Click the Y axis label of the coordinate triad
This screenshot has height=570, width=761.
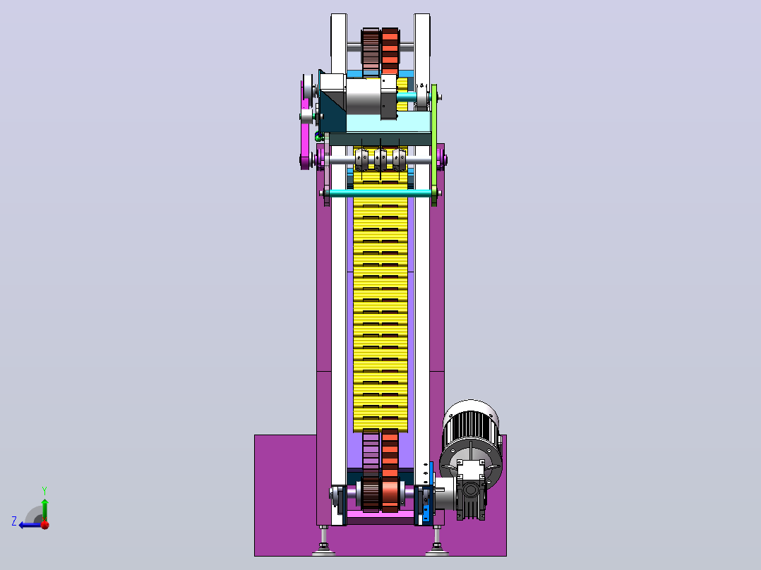coord(44,490)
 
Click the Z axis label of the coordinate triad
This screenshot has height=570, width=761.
coord(14,521)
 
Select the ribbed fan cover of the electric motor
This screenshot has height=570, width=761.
coord(469,425)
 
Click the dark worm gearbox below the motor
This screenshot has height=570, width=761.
coord(471,497)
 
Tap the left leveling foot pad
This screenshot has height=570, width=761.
coord(324,550)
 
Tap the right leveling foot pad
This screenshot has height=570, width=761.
coord(437,550)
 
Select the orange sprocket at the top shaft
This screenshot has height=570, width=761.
coord(390,51)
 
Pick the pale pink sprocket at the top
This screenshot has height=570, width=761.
coord(371,51)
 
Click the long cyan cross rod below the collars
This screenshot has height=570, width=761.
coord(380,193)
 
